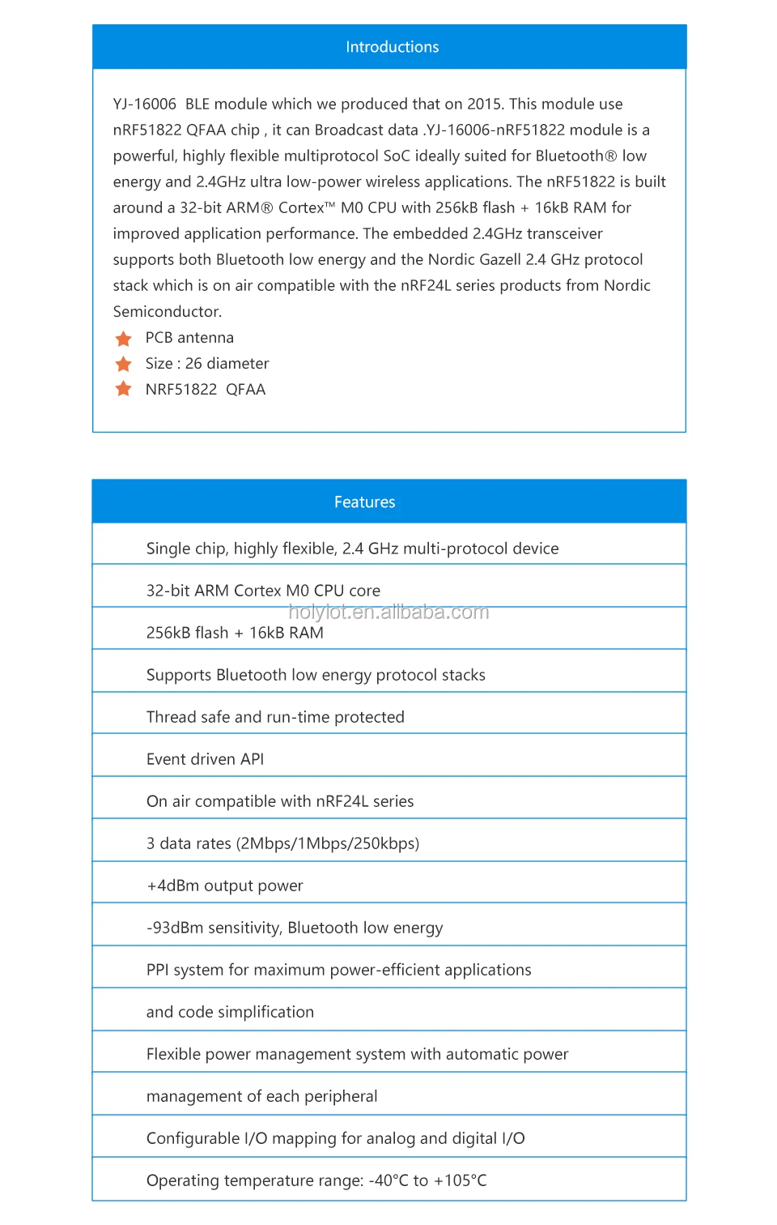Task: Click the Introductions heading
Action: pos(392,47)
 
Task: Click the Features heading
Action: pos(364,502)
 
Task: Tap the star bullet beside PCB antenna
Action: pos(123,338)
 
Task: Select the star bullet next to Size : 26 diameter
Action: pos(123,364)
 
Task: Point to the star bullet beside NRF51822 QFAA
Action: pos(123,389)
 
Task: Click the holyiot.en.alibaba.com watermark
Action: pos(388,612)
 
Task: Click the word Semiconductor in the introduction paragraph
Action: pos(167,312)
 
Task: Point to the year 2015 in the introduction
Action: pos(484,105)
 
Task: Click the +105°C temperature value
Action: pos(461,1180)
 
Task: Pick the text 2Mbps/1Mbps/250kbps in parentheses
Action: pos(328,843)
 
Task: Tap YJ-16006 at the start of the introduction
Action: pos(144,105)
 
